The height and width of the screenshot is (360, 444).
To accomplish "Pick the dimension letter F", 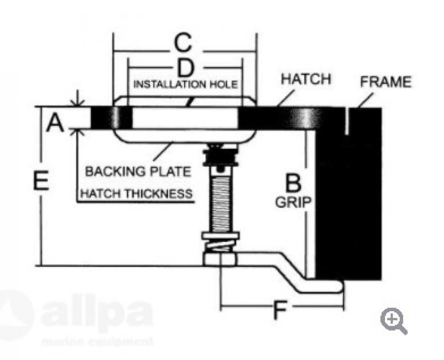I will click(x=279, y=310).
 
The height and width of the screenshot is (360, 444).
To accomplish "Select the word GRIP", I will click(x=293, y=202).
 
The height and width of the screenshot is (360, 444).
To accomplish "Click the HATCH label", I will click(x=306, y=79).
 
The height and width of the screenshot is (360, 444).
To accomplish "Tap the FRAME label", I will click(x=385, y=82).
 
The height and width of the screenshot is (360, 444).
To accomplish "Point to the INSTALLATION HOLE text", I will click(x=186, y=84).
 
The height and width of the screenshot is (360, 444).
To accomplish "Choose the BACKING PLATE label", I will click(x=138, y=171).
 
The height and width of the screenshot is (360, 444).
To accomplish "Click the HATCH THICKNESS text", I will click(x=136, y=194).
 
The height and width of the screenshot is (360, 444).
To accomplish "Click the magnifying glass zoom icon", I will click(x=394, y=320).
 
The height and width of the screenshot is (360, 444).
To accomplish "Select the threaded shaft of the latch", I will click(x=221, y=202).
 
